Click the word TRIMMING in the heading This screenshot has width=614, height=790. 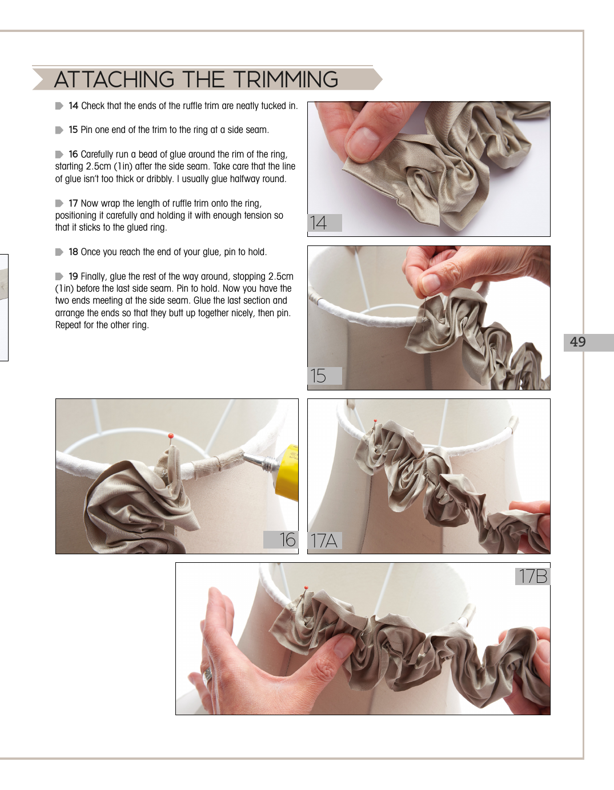[286, 79]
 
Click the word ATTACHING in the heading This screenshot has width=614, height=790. [114, 79]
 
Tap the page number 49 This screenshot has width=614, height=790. [578, 342]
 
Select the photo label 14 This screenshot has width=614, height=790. [319, 223]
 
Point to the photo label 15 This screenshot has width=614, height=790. [318, 376]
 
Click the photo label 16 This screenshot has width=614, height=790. [287, 539]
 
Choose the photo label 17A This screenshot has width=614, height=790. [324, 541]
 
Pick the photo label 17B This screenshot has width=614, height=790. [533, 576]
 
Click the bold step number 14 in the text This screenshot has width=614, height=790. [74, 106]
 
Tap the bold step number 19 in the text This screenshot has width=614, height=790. [74, 276]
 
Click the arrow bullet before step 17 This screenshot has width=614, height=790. [59, 203]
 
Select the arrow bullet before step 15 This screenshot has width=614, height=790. [59, 130]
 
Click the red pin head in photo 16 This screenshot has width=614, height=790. [171, 436]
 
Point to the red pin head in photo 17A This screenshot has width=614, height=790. [375, 421]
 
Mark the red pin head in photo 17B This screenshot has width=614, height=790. [306, 587]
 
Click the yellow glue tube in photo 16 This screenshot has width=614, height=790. [287, 471]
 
